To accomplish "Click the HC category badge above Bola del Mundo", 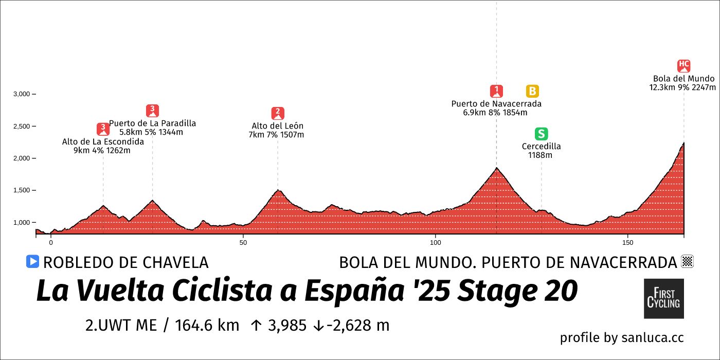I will pyautogui.click(x=683, y=65).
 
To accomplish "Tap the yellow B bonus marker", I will pyautogui.click(x=532, y=91).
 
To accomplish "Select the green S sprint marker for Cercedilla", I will pyautogui.click(x=541, y=134).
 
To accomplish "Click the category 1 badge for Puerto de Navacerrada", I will pyautogui.click(x=496, y=91).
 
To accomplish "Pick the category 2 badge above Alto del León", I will pyautogui.click(x=278, y=113).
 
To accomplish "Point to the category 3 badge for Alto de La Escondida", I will pyautogui.click(x=103, y=129).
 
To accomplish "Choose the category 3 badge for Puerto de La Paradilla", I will pyautogui.click(x=152, y=111).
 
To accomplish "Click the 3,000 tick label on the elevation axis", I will pyautogui.click(x=21, y=94).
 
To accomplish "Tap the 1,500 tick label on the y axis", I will pyautogui.click(x=21, y=190).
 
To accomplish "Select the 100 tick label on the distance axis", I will pyautogui.click(x=435, y=242).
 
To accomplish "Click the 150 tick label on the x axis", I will pyautogui.click(x=627, y=242).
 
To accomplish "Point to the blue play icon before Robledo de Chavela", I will pyautogui.click(x=32, y=262).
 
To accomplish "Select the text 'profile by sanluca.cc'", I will pyautogui.click(x=621, y=338).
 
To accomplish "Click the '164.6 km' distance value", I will pyautogui.click(x=207, y=326).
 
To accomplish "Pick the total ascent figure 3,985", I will pyautogui.click(x=286, y=326).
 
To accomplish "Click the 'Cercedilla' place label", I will pyautogui.click(x=541, y=147).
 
